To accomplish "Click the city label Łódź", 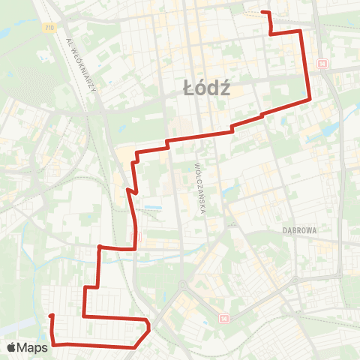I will [x=206, y=89].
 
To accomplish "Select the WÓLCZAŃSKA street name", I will [x=200, y=187].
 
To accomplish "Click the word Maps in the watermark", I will [x=34, y=347].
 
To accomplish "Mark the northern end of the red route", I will [x=262, y=12].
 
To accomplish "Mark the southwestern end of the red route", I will [x=51, y=316].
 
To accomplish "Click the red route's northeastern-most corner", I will [x=301, y=31].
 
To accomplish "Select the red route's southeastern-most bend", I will [x=150, y=327].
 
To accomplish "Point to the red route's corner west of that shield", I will [x=99, y=245].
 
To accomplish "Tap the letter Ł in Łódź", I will [x=188, y=89].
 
